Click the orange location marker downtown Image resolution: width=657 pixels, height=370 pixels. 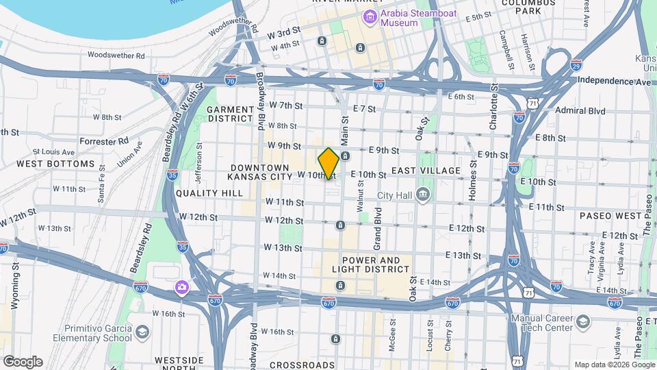pyautogui.click(x=328, y=163)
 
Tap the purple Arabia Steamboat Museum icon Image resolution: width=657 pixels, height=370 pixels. pyautogui.click(x=370, y=17)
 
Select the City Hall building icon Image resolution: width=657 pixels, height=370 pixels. pyautogui.click(x=424, y=195)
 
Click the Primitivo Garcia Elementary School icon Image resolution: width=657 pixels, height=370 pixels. pyautogui.click(x=142, y=332)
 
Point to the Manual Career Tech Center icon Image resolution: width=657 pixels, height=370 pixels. pyautogui.click(x=582, y=322)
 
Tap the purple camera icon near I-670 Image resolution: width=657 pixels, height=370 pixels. pyautogui.click(x=182, y=286)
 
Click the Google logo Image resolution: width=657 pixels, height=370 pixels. pyautogui.click(x=22, y=362)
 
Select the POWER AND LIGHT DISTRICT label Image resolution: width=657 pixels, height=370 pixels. pyautogui.click(x=370, y=265)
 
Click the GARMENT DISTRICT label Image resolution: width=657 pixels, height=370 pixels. pyautogui.click(x=231, y=114)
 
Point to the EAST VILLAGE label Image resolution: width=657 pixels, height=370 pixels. pyautogui.click(x=426, y=170)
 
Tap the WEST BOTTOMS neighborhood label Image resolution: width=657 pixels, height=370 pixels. pyautogui.click(x=55, y=164)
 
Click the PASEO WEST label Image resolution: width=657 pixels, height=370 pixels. pyautogui.click(x=610, y=215)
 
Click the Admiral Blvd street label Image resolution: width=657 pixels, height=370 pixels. pyautogui.click(x=580, y=110)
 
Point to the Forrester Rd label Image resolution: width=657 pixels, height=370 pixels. pyautogui.click(x=104, y=140)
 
